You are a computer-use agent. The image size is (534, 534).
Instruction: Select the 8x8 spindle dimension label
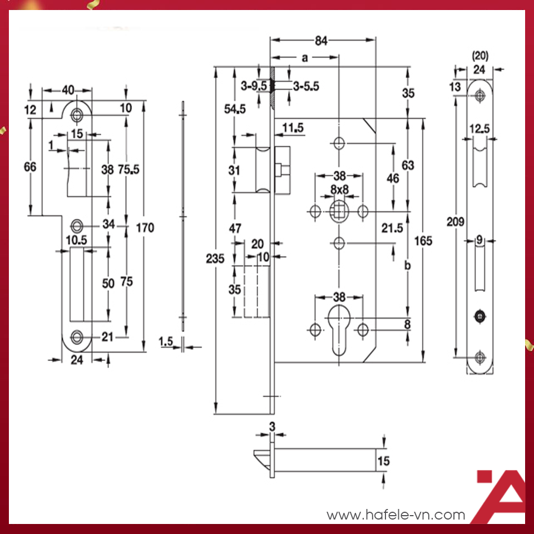coord(339,190)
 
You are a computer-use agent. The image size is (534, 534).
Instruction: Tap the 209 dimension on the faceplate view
coord(456,222)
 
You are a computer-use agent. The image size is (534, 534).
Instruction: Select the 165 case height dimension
coord(424,241)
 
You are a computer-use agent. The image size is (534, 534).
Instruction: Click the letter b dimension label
coord(408,266)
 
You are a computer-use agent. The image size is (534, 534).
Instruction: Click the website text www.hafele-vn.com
coord(395,515)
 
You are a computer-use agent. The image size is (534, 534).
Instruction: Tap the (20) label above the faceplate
coord(479,56)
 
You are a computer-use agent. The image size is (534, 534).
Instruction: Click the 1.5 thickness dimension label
coord(166,340)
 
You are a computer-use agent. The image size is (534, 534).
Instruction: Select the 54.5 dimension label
coord(235,109)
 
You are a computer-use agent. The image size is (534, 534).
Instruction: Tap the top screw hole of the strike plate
coord(76,115)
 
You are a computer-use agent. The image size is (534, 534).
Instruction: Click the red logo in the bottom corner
coord(501,497)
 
